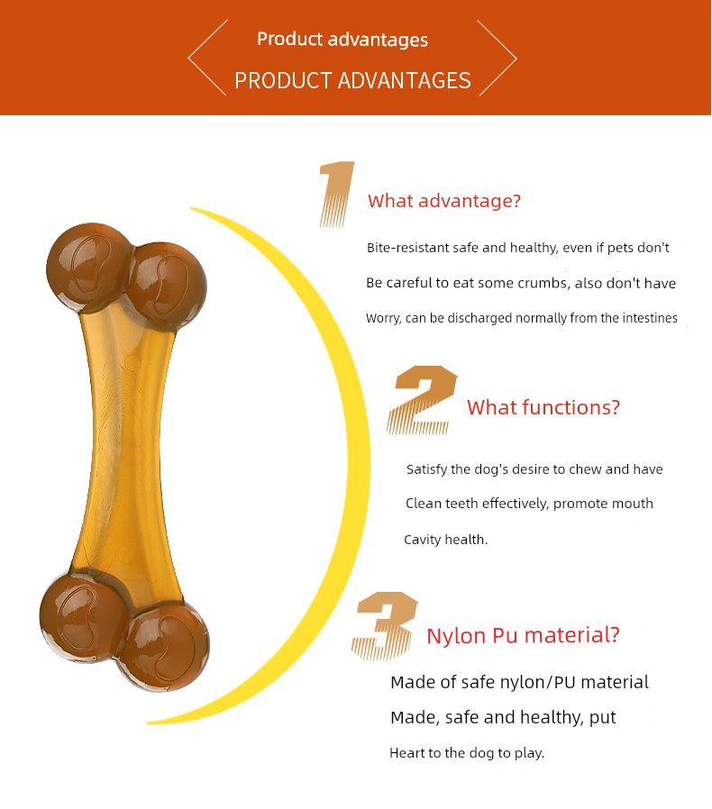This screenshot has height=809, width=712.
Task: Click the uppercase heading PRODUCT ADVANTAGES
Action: click(x=352, y=80)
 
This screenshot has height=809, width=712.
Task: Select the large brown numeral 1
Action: click(x=337, y=194)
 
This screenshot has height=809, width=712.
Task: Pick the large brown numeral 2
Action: click(x=422, y=400)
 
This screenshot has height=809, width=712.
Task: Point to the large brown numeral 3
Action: click(x=385, y=626)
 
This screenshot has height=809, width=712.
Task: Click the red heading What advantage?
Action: click(x=444, y=201)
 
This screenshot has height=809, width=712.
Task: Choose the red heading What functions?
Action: click(x=543, y=407)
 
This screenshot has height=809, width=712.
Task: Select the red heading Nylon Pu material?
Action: click(x=523, y=635)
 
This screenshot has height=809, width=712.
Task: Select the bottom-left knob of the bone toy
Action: click(x=83, y=616)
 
